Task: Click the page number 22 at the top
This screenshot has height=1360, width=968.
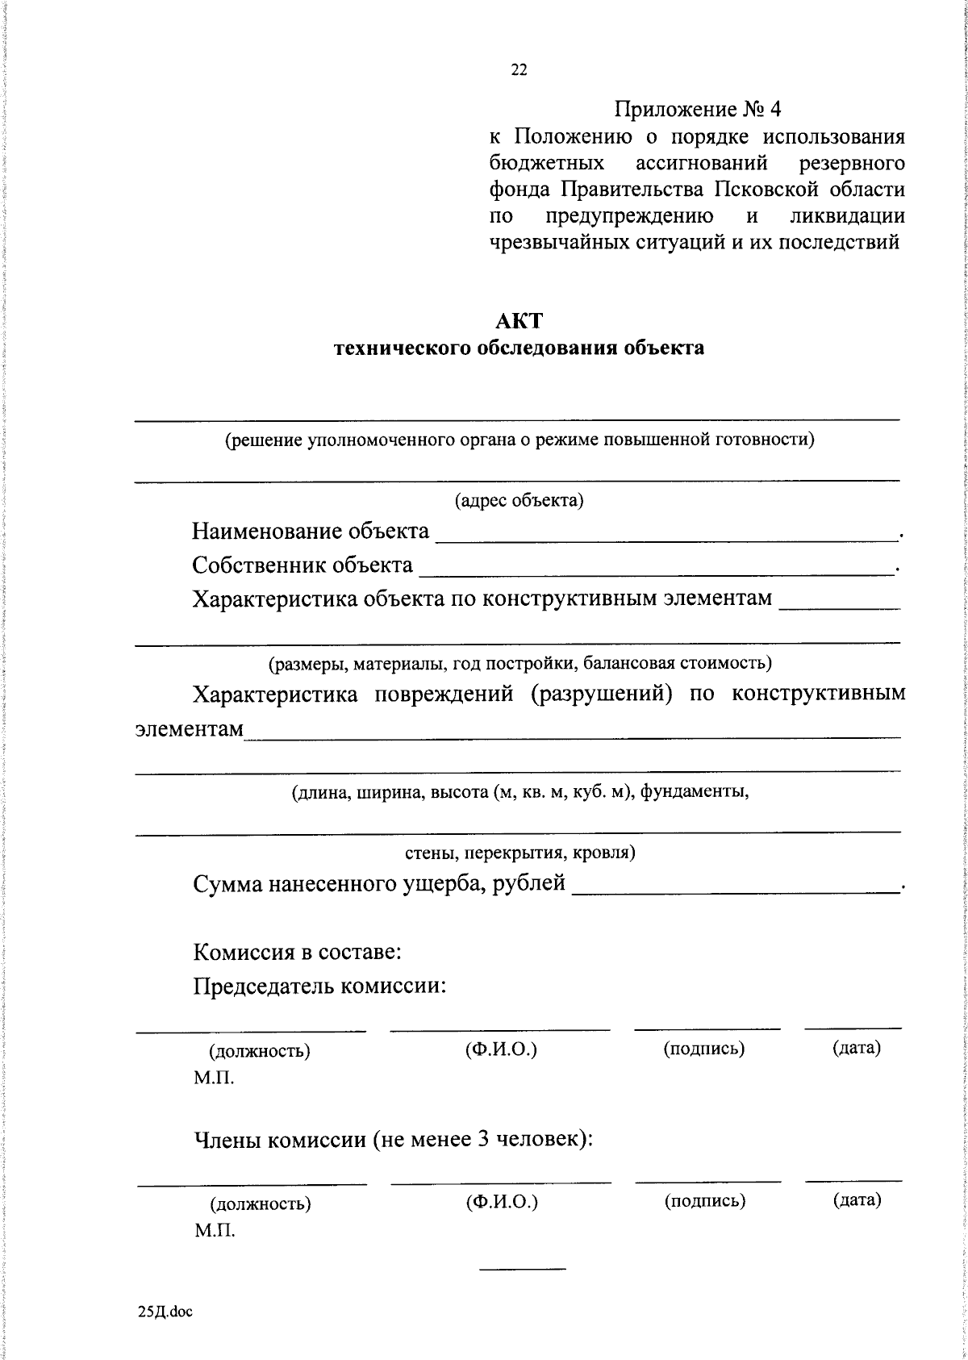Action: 519,70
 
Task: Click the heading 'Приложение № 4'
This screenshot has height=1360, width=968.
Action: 698,109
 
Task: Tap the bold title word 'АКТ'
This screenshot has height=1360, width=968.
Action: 519,320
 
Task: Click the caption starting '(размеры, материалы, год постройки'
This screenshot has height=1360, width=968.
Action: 520,663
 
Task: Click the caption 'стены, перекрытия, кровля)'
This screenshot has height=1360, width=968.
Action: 519,852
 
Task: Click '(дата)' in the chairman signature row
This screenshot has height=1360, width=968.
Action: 856,1048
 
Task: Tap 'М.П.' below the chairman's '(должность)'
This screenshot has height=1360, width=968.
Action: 214,1078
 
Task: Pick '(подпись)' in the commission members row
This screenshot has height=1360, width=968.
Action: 704,1201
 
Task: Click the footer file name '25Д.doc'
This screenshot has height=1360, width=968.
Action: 165,1312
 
